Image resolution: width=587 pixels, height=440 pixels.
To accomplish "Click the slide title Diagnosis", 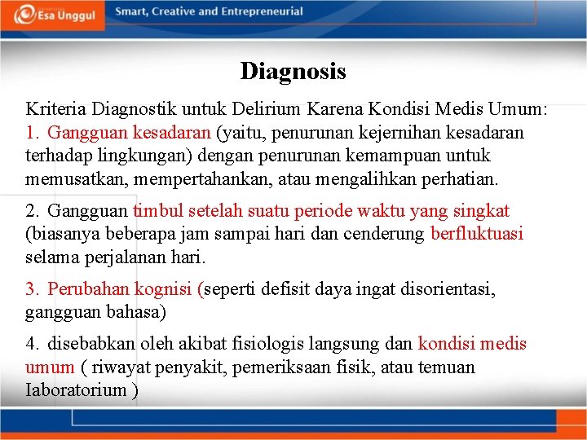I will [293, 72].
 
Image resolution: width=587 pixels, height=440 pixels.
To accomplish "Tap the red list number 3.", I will [32, 289].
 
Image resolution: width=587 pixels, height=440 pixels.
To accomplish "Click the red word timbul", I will [158, 211].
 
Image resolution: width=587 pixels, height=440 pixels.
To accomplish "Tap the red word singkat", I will [479, 211].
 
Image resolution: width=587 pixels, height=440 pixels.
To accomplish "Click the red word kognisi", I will [166, 289].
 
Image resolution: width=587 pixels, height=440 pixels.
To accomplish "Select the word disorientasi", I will [447, 289].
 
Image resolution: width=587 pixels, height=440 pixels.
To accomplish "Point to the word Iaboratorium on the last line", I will [76, 389].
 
